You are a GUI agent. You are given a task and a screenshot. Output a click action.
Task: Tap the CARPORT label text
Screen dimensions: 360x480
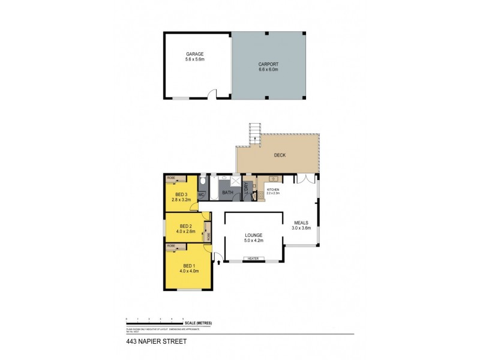(x=268, y=65)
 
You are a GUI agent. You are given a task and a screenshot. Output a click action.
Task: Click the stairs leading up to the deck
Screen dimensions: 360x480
(x=256, y=130)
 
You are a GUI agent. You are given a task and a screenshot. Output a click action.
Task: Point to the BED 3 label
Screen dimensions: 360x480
(x=181, y=194)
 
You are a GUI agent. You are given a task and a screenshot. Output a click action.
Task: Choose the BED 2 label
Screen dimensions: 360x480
(x=185, y=226)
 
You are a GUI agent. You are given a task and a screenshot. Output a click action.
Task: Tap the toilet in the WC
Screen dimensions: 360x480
(x=202, y=182)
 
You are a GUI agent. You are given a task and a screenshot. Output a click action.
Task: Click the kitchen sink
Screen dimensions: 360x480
(x=273, y=178)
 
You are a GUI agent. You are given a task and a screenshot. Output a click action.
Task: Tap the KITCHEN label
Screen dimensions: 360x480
(x=274, y=190)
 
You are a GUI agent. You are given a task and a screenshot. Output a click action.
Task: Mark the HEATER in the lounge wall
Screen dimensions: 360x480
(x=253, y=259)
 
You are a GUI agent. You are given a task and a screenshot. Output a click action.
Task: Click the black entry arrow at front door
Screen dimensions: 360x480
(x=218, y=261)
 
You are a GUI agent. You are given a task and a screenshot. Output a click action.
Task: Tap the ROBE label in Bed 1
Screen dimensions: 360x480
(x=171, y=246)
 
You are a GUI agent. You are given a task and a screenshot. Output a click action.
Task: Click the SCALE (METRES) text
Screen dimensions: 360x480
(x=199, y=323)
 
